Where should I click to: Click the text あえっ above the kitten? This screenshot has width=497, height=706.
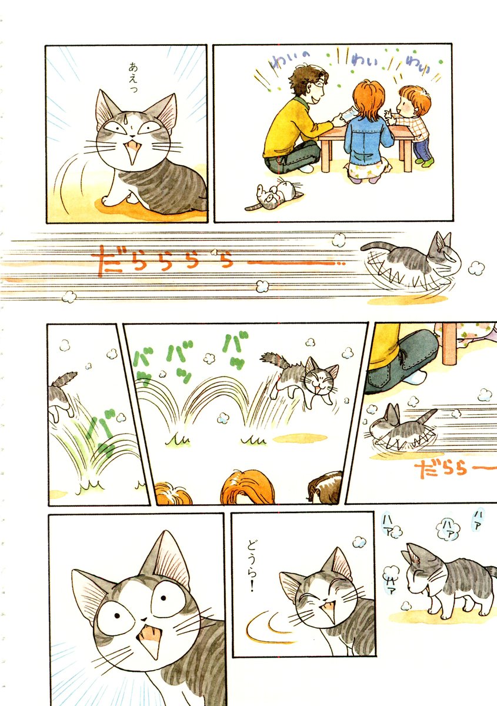click(134, 78)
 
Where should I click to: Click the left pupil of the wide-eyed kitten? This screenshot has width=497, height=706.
click(117, 615)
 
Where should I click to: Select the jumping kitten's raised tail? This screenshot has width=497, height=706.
click(273, 360)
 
